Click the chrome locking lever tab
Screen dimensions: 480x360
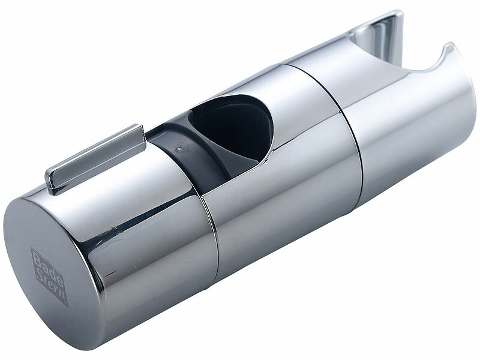(95, 158)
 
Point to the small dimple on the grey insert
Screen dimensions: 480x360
(179, 149)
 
